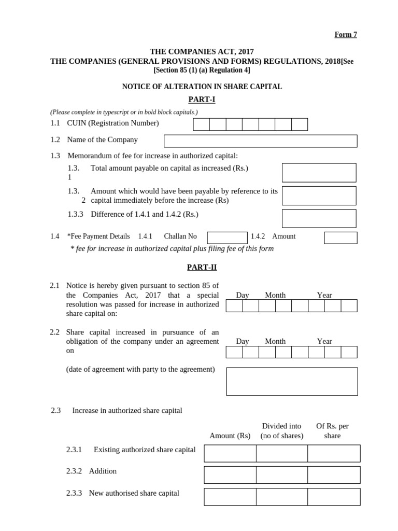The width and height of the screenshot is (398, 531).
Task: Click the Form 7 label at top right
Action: coord(346,35)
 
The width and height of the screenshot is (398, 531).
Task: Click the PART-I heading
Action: coord(202,100)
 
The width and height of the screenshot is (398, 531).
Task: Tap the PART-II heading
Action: coord(202,267)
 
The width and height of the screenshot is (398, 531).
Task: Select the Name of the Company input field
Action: coord(260,141)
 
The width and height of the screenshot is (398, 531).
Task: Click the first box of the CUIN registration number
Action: coord(201,124)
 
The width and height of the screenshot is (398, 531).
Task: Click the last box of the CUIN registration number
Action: coord(300,124)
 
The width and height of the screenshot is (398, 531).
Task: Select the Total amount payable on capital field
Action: coord(319,173)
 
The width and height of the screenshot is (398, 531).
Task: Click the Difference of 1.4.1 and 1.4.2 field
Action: coord(319,218)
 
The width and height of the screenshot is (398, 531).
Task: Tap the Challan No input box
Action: coord(227,237)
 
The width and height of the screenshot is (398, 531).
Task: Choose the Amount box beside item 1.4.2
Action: coord(340,237)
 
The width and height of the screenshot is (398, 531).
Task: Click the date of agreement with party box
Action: coord(292,382)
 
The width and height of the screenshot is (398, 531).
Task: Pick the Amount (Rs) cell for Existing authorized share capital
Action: coord(230,453)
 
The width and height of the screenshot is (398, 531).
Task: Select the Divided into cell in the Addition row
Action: coord(282,474)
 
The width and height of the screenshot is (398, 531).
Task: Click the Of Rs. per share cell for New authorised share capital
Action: coord(334,497)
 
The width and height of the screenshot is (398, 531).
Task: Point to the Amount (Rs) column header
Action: coord(230,436)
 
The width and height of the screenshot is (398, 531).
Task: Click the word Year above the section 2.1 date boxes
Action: coord(324,295)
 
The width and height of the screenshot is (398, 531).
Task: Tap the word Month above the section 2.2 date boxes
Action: coord(275,341)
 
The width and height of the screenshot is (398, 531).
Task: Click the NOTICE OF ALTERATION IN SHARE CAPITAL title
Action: coord(202,87)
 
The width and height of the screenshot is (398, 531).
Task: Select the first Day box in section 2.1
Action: coord(234,306)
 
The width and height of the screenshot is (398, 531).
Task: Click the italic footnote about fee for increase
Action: coord(172,248)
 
